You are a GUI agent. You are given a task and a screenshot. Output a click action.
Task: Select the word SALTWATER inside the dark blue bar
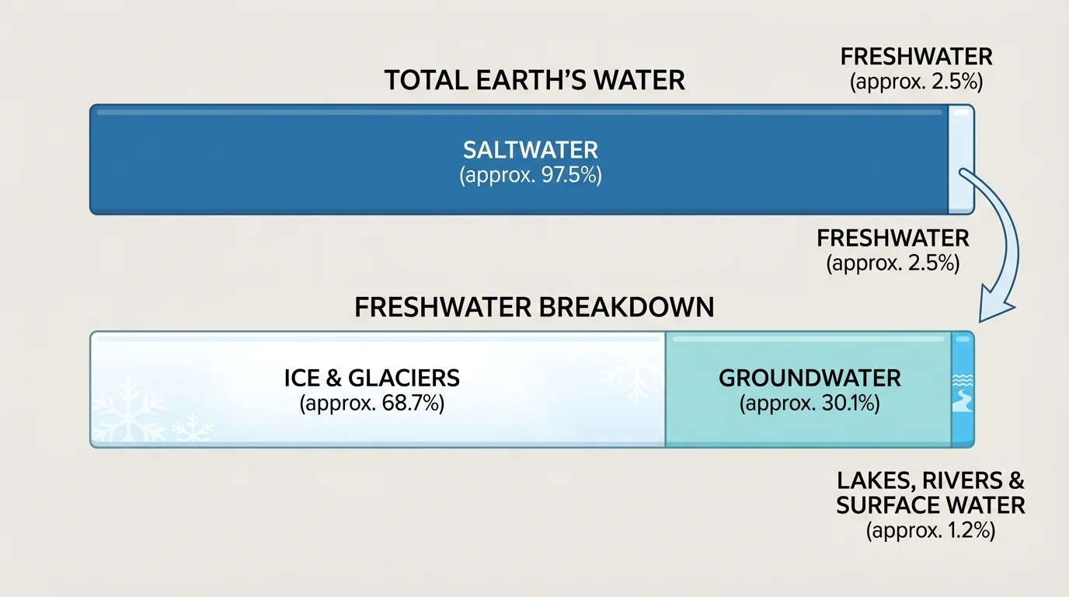(x=531, y=149)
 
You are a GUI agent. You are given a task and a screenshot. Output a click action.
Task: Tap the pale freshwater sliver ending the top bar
(x=961, y=159)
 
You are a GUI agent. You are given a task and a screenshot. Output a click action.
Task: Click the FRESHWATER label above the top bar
(x=917, y=57)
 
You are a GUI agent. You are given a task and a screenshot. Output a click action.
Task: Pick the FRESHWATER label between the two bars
(x=893, y=238)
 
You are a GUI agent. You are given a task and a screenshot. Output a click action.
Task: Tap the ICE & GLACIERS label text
(x=371, y=379)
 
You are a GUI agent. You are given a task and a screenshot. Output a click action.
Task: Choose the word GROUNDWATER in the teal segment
(x=810, y=379)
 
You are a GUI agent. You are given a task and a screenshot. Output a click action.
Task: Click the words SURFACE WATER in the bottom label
(x=930, y=505)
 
